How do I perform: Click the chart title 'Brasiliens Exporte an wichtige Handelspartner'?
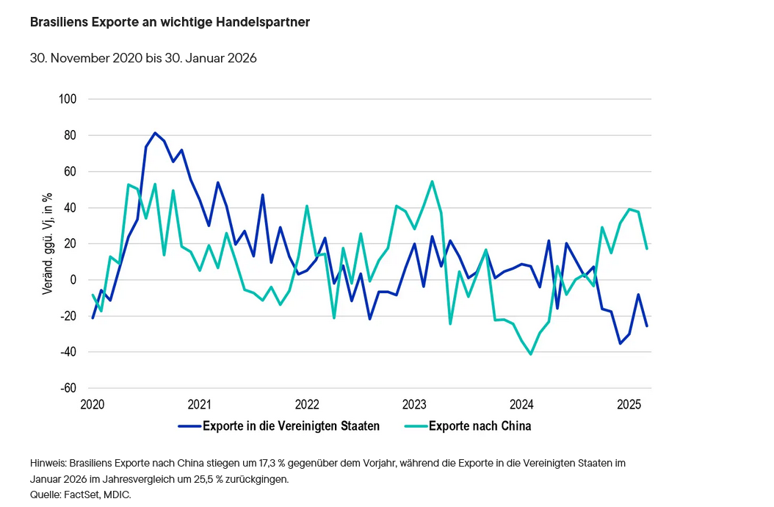pyautogui.click(x=170, y=22)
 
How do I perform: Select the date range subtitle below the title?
pyautogui.click(x=143, y=58)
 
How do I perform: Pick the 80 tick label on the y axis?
pyautogui.click(x=72, y=135)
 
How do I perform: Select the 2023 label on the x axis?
pyautogui.click(x=414, y=404)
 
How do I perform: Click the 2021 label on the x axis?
pyautogui.click(x=199, y=404)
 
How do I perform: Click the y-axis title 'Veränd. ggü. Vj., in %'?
pyautogui.click(x=46, y=244)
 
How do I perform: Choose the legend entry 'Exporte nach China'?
pyautogui.click(x=480, y=425)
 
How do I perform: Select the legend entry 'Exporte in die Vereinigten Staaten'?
pyautogui.click(x=291, y=425)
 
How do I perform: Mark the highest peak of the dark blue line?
pyautogui.click(x=155, y=133)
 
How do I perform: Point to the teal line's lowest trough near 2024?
pyautogui.click(x=530, y=354)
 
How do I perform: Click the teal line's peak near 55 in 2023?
pyautogui.click(x=432, y=181)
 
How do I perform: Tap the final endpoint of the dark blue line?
pyautogui.click(x=647, y=326)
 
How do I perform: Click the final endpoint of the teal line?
pyautogui.click(x=647, y=248)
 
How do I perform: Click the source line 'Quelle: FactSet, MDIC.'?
pyautogui.click(x=81, y=495)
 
